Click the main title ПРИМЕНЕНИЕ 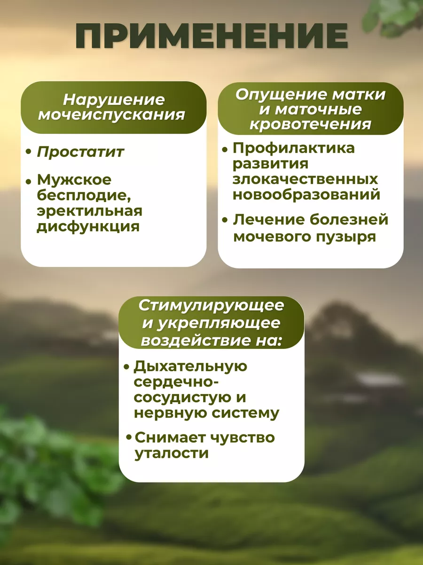[x=211, y=36]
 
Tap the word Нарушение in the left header [x=114, y=100]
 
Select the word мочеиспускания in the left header [x=111, y=115]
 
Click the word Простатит [x=80, y=152]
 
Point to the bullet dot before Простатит [x=29, y=152]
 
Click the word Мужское [x=74, y=179]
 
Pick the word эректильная [x=89, y=211]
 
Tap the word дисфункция [x=88, y=227]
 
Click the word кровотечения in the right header [x=311, y=124]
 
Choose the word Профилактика [x=294, y=148]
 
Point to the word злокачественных [x=305, y=179]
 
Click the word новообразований [x=306, y=195]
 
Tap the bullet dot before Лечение [x=225, y=220]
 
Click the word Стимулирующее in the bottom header [x=211, y=306]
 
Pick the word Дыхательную [x=190, y=366]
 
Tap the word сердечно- [x=176, y=381]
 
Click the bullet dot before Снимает [x=129, y=437]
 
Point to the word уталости [x=172, y=453]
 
